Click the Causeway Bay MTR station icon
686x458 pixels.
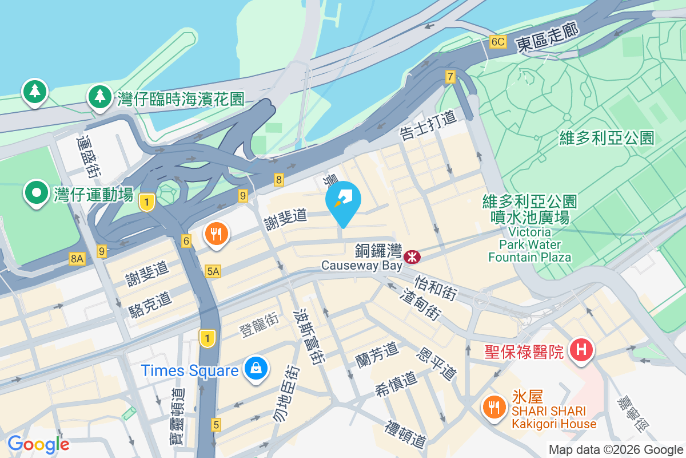411,257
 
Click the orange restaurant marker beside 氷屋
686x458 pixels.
493,407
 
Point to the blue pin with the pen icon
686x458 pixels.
343,202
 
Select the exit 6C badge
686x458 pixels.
498,42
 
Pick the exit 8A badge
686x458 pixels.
77,259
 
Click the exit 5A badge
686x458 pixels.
213,271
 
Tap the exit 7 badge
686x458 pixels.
450,76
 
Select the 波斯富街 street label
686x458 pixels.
308,338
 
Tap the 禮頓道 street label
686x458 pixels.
406,435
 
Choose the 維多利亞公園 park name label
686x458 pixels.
607,137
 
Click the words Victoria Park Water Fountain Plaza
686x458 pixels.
529,245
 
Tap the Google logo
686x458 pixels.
38,444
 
